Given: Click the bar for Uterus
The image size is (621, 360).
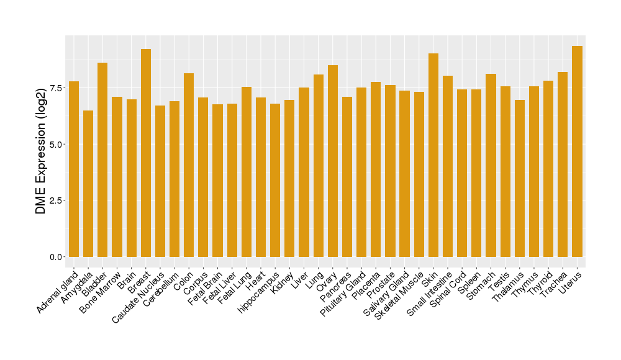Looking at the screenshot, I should [577, 151].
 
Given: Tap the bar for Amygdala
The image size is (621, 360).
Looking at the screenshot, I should [88, 184].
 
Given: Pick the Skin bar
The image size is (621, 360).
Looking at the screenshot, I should [433, 155].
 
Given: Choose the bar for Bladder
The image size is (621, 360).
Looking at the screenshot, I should [102, 160].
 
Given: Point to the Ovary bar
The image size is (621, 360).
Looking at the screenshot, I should [333, 161].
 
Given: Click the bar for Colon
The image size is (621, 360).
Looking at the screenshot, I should [189, 165].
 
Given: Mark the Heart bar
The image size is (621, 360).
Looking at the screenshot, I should [261, 177].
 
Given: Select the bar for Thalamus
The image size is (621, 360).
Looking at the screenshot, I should [520, 178].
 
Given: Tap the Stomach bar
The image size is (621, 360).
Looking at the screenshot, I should [491, 165].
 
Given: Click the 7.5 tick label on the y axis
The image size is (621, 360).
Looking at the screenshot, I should [56, 88].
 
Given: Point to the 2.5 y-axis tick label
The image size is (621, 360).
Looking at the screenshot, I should [56, 200].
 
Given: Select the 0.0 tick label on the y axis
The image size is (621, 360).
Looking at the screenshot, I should [56, 257].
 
